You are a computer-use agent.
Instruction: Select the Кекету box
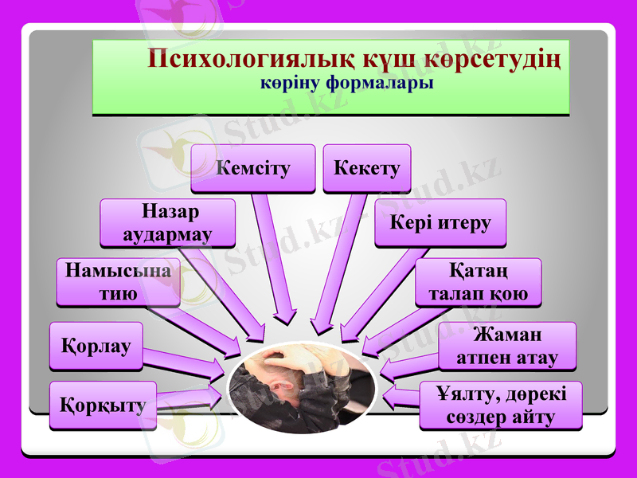pos(367,168)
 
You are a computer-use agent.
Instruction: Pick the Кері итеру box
pos(440,222)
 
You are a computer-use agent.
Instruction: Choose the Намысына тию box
pos(118,282)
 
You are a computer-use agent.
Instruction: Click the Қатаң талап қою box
pos(478,282)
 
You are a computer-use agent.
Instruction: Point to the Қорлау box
pos(96,346)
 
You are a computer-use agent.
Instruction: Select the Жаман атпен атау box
pos(507,346)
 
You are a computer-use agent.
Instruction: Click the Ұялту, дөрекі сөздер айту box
pos(501,406)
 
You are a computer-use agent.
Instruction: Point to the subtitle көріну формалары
pos(347,82)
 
